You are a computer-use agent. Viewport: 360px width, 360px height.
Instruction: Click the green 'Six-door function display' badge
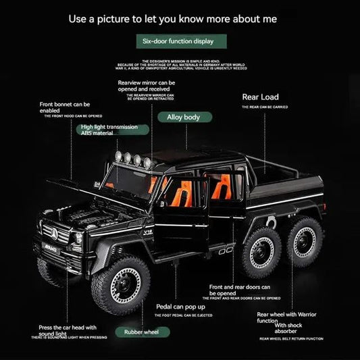[x=180, y=41]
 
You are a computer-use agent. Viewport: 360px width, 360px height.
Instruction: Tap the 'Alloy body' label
[x=184, y=118]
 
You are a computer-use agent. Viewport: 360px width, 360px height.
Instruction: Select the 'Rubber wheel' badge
[x=141, y=332]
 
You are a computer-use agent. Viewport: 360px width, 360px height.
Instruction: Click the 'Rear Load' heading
[x=260, y=97]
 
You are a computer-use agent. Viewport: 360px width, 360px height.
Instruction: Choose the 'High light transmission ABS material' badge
[x=109, y=130]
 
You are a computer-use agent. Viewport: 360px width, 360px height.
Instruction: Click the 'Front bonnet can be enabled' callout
[x=65, y=108]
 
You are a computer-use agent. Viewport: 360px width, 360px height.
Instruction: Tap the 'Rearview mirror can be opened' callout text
[x=147, y=86]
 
